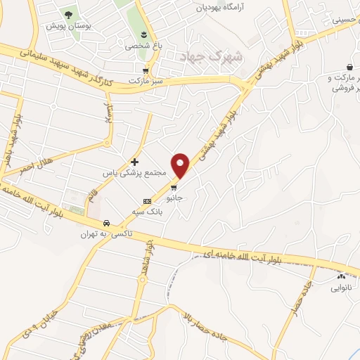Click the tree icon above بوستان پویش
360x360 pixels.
tap(69, 14)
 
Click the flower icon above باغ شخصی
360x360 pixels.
tap(144, 35)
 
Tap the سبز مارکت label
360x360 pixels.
tap(146, 81)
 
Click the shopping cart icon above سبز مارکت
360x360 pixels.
tap(146, 70)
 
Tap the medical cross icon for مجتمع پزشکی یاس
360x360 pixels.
tap(134, 162)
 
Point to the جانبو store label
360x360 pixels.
tap(174, 198)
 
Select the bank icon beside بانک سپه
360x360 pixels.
tap(147, 200)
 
